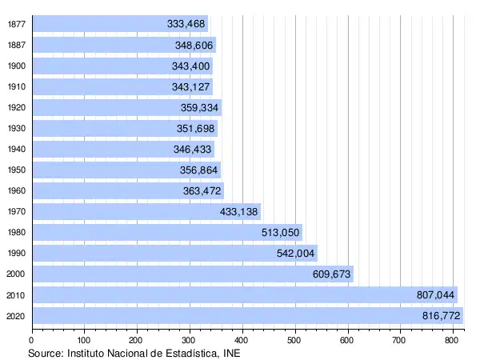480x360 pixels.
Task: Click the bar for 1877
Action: [120, 24]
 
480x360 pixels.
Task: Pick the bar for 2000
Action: [193, 274]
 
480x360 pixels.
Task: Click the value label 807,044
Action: [435, 295]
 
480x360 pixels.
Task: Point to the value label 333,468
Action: [186, 24]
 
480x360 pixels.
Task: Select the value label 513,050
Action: [280, 233]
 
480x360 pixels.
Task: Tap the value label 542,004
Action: [295, 254]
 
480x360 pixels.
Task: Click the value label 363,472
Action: [202, 191]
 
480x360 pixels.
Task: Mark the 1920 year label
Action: [15, 107]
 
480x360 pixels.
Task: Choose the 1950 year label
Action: [15, 170]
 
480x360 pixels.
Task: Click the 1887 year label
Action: [15, 45]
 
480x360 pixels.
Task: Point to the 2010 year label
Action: [15, 295]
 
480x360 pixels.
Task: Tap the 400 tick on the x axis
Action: [242, 339]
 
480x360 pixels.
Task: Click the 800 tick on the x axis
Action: [453, 339]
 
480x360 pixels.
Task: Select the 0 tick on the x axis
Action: [32, 339]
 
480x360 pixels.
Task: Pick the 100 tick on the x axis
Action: [85, 339]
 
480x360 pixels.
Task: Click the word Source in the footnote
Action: [46, 352]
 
